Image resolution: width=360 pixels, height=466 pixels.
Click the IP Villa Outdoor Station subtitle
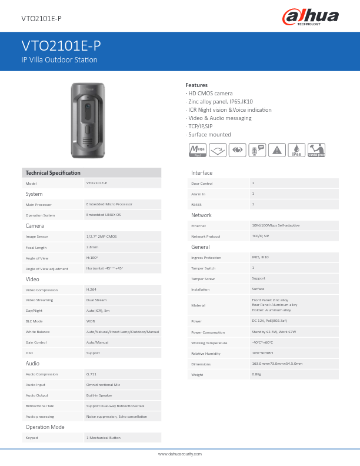59,59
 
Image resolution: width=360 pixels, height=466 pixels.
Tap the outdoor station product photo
88,120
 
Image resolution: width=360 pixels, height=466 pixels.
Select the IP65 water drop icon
296,150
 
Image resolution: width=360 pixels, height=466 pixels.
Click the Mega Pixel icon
196,150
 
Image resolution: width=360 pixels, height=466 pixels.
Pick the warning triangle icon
276,150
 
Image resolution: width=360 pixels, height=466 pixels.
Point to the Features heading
196,85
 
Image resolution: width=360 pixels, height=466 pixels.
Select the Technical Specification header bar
91,172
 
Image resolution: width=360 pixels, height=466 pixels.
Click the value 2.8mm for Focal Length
92,247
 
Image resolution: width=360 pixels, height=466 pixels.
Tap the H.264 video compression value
92,289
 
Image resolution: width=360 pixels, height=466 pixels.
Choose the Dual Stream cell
96,300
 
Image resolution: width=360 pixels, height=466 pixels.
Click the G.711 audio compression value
92,374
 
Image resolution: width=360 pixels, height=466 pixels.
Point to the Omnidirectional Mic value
103,385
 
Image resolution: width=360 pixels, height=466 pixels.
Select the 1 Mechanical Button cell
103,438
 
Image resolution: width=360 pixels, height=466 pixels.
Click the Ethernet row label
198,226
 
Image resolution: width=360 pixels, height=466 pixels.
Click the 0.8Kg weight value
256,374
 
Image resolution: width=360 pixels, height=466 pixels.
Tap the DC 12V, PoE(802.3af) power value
269,321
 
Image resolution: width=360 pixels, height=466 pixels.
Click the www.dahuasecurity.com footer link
180,454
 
